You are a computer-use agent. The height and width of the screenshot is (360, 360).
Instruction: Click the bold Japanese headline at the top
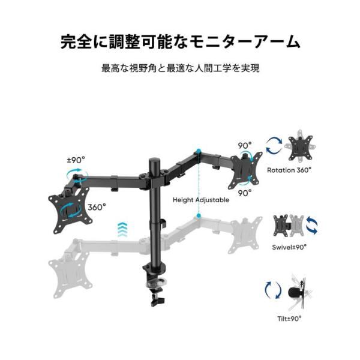(180, 42)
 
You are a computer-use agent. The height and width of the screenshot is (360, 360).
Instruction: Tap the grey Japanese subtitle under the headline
(180, 68)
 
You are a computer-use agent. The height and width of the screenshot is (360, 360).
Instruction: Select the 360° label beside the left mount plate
(97, 206)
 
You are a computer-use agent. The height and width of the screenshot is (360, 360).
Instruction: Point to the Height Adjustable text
(201, 200)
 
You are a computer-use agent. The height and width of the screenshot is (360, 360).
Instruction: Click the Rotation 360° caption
(289, 170)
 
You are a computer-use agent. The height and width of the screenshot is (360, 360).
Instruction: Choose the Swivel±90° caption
(290, 246)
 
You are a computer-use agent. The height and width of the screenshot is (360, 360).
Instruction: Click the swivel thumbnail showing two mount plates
(289, 226)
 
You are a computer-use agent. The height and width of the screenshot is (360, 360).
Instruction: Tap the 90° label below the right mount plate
(245, 193)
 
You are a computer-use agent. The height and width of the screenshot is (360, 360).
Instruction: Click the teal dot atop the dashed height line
(197, 151)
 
